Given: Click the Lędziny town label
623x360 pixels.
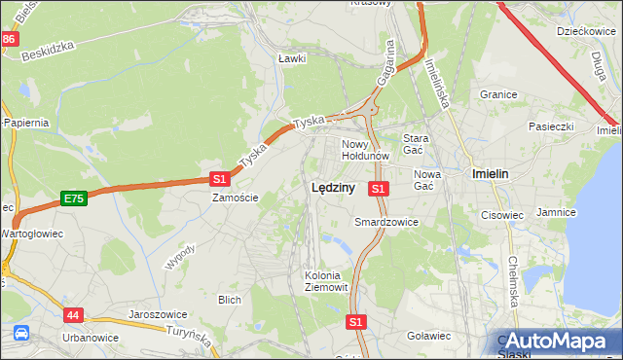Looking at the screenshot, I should [332, 189].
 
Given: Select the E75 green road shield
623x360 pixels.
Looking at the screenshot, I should [73, 198].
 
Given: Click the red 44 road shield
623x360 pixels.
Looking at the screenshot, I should [74, 315].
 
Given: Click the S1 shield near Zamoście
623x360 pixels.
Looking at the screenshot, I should [220, 178].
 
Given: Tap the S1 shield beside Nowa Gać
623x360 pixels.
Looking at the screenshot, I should [380, 188].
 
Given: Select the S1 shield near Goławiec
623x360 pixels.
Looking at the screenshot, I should [356, 321].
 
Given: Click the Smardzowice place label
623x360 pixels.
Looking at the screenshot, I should [385, 222].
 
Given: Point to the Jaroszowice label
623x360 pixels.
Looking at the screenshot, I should [158, 315].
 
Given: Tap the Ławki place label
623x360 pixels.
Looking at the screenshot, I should [292, 58].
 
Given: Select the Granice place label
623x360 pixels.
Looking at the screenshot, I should [497, 95].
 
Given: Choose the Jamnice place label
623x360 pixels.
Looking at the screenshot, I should [557, 211].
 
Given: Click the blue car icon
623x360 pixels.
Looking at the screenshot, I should [20, 334].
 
